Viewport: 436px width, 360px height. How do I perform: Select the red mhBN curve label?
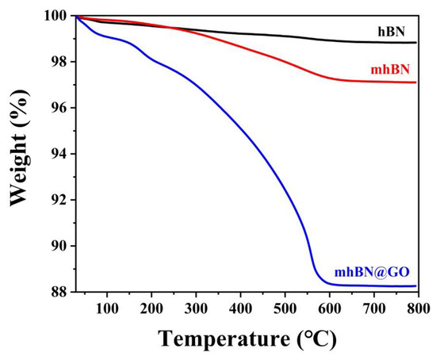tap(392, 70)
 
